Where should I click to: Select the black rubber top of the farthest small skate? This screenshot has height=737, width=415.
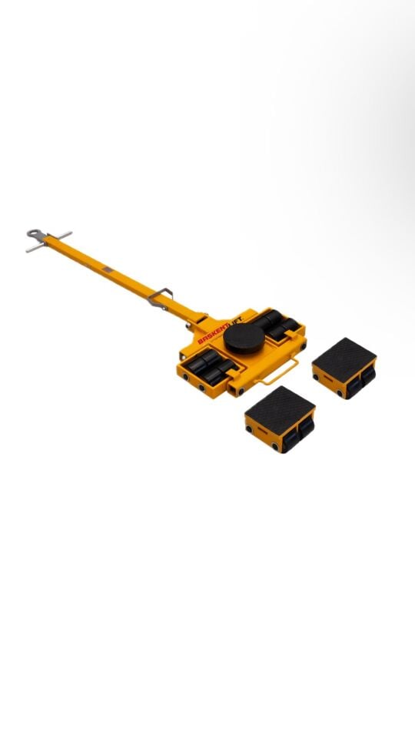coord(344,354)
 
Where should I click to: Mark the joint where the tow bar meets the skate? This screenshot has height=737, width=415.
coord(199,317)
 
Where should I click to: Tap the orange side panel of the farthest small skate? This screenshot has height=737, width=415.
coord(331,384)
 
